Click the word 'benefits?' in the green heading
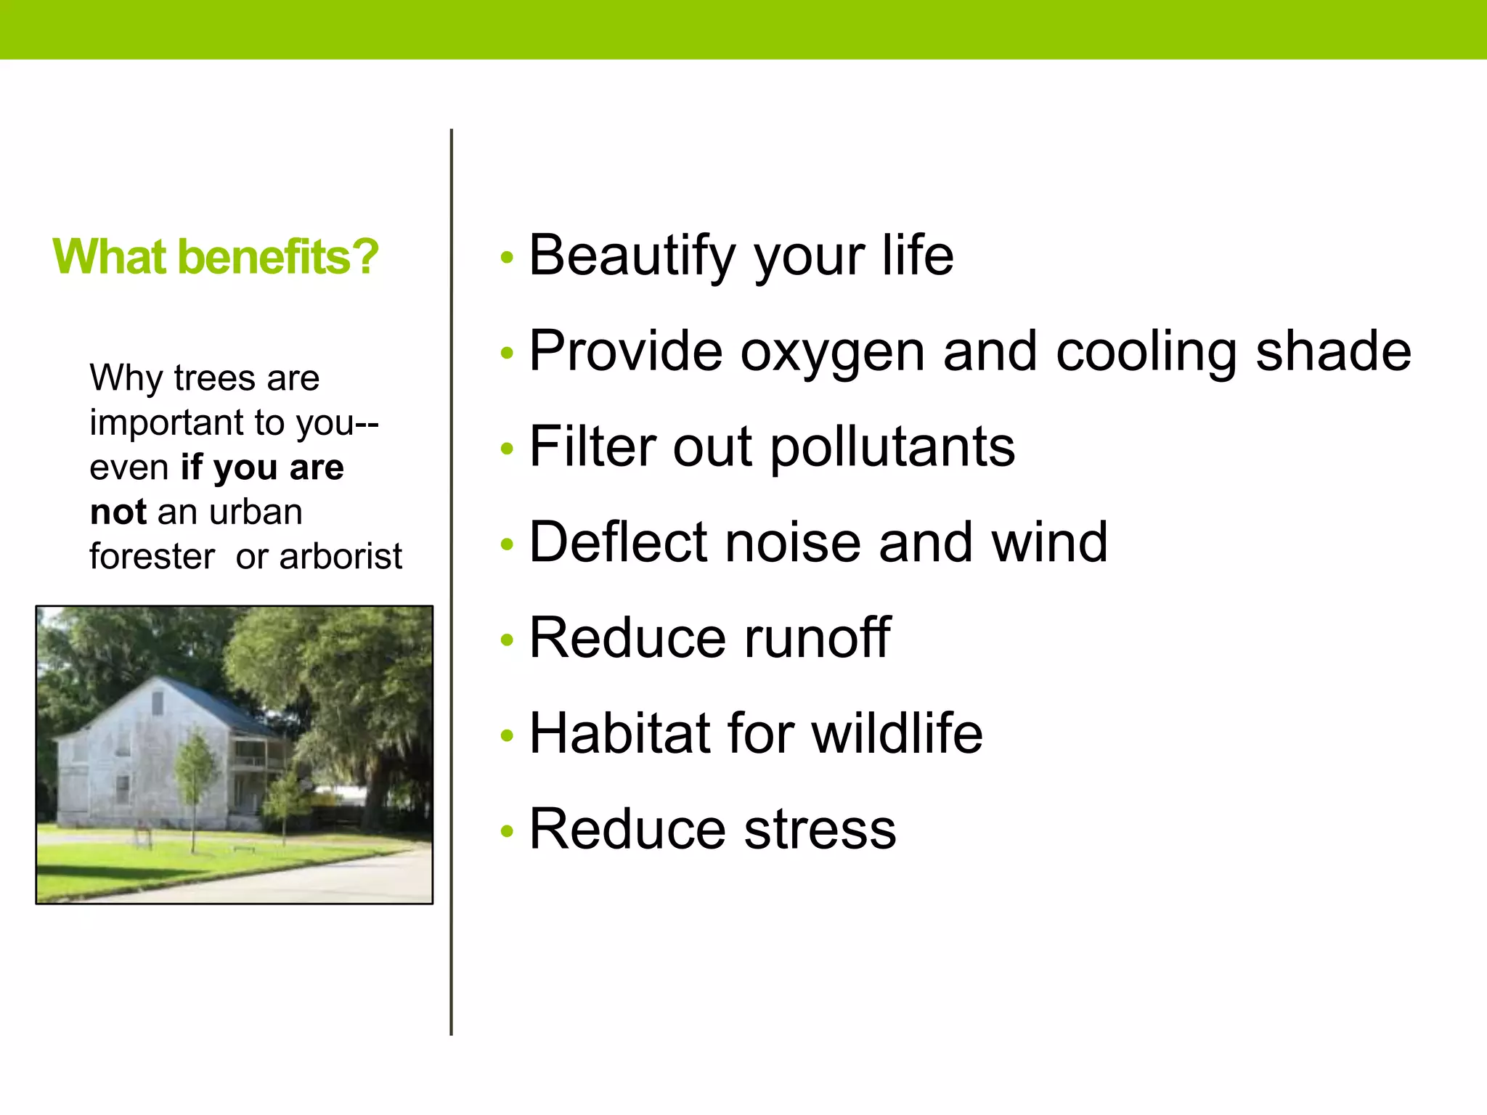coord(277,257)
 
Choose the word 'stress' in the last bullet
coord(820,829)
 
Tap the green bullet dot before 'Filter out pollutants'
coord(507,449)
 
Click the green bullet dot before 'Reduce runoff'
coord(507,640)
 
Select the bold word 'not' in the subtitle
coord(118,512)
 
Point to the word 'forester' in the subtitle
coord(152,557)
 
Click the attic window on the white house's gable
coord(157,702)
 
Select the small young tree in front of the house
coord(195,769)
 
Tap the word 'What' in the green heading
coord(109,257)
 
